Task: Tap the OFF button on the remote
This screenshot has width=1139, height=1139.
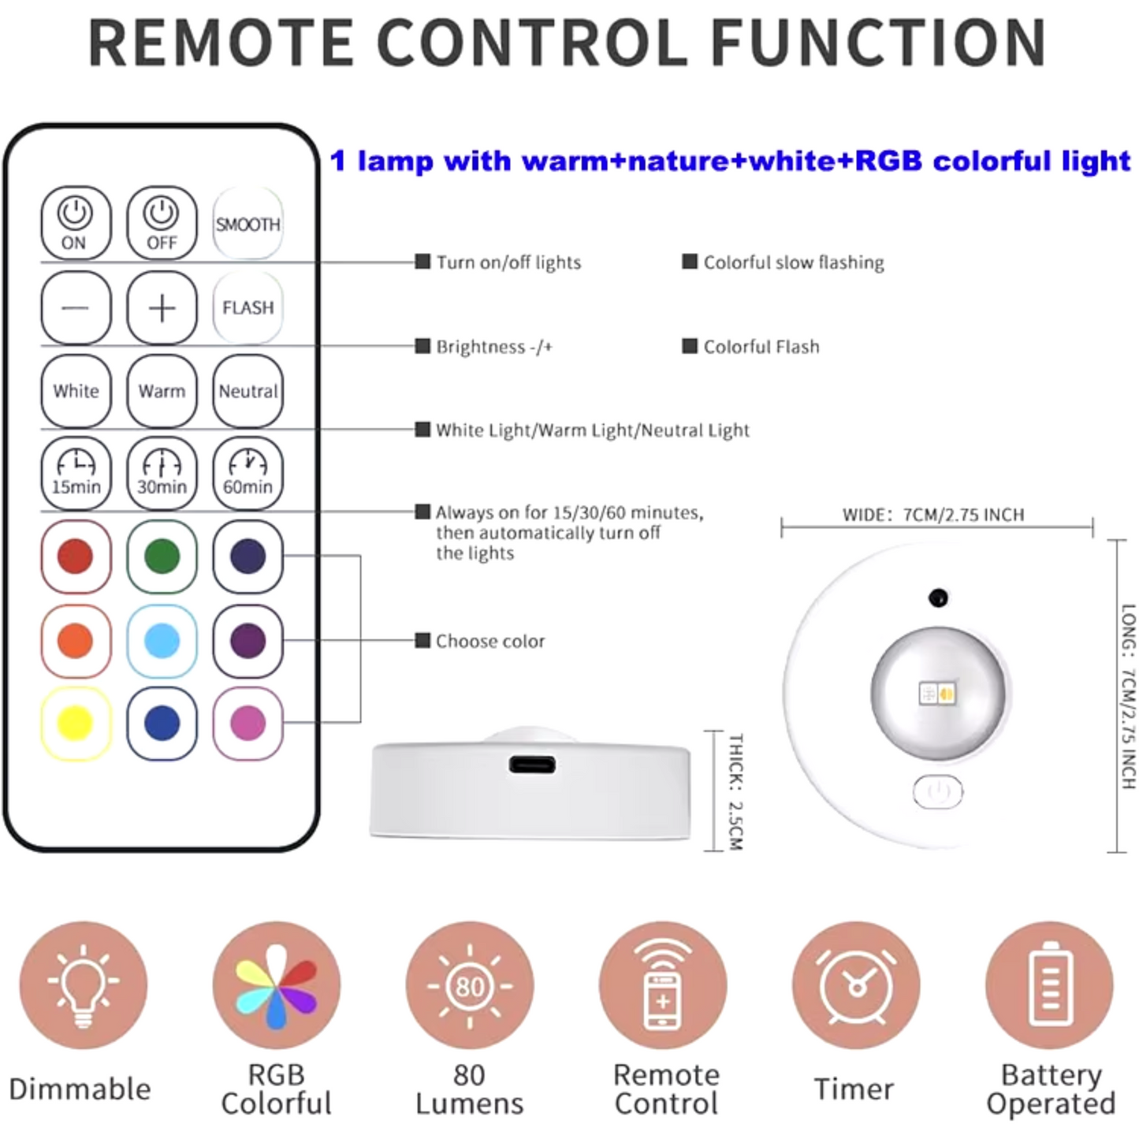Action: click(162, 223)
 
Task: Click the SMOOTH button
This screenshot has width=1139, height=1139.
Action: click(248, 223)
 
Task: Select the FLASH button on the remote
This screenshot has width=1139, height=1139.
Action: click(248, 307)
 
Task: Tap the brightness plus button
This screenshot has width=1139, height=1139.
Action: click(162, 307)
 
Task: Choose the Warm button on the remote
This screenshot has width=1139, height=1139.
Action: click(162, 391)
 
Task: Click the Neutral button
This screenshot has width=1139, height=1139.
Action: click(248, 391)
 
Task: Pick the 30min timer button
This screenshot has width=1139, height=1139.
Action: click(162, 474)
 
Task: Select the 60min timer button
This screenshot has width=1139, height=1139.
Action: click(248, 474)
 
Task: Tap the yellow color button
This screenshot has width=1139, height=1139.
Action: click(76, 723)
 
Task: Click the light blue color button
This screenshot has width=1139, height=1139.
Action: click(162, 641)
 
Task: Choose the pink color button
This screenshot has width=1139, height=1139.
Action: click(248, 723)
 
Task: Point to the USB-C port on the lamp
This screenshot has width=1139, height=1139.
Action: click(532, 765)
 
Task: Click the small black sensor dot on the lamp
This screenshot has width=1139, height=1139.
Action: click(939, 597)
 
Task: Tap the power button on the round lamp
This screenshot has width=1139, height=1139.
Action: click(938, 791)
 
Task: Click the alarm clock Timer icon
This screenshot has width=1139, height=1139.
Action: click(856, 985)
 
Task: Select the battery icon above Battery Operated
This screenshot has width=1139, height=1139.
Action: click(1049, 985)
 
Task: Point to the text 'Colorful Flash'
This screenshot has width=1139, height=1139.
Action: click(761, 346)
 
